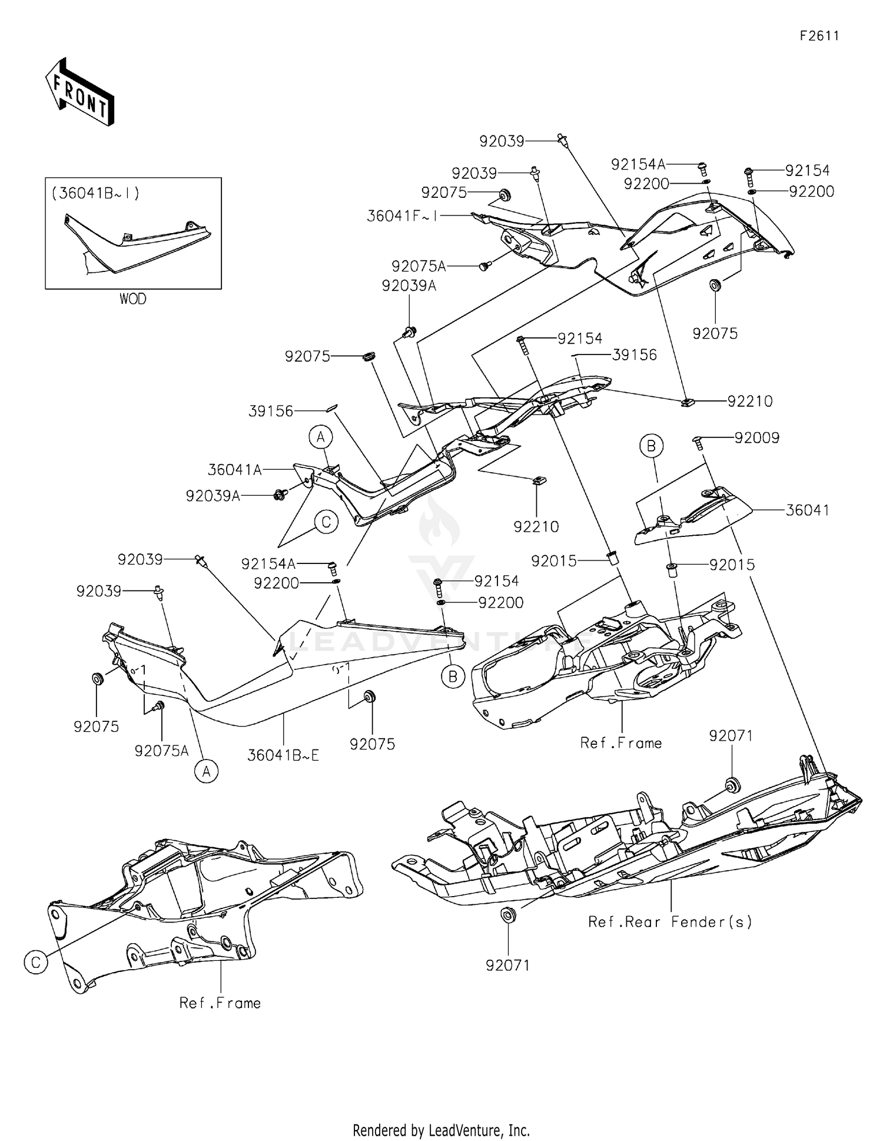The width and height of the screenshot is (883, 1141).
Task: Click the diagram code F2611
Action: tap(819, 36)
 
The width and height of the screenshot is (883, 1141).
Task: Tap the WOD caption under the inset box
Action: tap(132, 299)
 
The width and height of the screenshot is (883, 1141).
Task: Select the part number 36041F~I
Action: tap(402, 216)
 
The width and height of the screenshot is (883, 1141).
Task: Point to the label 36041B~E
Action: tap(283, 755)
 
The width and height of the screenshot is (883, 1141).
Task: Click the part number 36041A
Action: tap(234, 469)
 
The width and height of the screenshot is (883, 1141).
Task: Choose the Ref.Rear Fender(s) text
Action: tap(670, 921)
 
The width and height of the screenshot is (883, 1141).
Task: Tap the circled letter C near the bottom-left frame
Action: tap(36, 962)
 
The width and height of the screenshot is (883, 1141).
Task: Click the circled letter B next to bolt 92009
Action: tap(651, 446)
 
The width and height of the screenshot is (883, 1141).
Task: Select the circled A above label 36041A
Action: tap(321, 437)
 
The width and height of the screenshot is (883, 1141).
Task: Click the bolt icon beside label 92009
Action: tap(699, 442)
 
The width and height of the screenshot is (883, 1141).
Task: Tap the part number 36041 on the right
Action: tap(807, 510)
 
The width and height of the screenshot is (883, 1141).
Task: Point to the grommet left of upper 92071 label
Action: tap(732, 785)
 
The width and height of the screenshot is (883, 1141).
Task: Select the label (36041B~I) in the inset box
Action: tap(95, 193)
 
